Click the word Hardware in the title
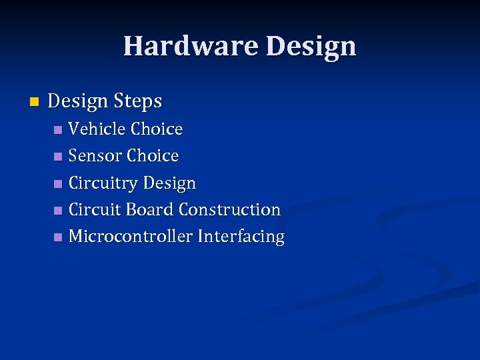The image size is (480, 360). coord(191,47)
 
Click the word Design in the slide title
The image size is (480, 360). coord(311,47)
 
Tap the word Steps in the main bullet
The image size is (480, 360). coord(137,101)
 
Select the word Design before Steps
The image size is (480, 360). coord(78,101)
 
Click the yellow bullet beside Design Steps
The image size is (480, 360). coord(35,102)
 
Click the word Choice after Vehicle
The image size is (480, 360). coord(157,129)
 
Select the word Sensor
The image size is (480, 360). coord(95,156)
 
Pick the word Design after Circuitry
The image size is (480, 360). coord(169,183)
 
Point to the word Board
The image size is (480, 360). coord(149,209)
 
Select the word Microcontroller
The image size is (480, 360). coord(131,236)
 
